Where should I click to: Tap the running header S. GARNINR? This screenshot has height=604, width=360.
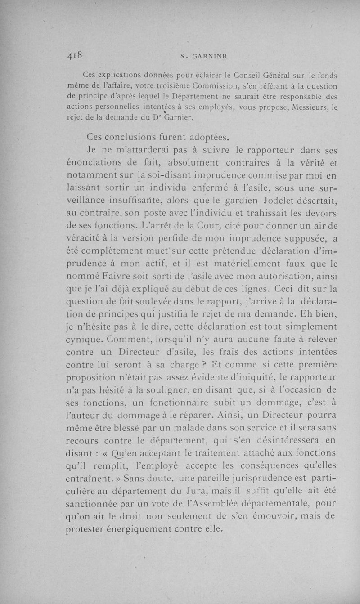204,56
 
